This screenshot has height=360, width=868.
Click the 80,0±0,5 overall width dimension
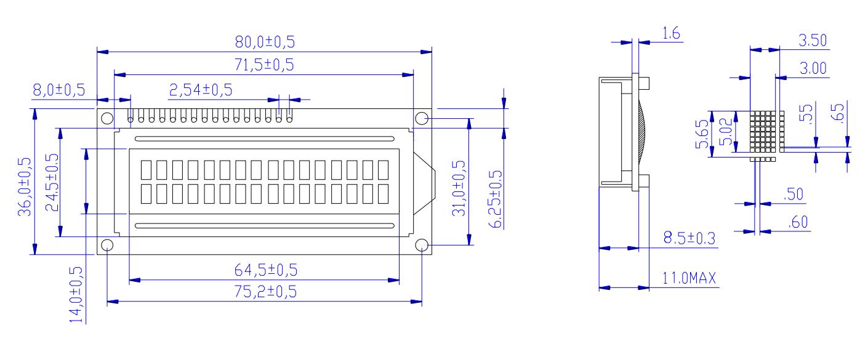pos(264,42)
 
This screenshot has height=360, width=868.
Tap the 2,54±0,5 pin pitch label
pos(200,90)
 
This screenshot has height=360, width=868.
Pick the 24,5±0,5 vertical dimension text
pos(52,183)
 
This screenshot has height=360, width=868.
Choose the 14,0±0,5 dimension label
pos(76,294)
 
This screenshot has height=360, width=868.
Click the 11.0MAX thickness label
pos(688,278)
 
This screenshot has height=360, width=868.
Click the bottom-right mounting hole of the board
pos(422,246)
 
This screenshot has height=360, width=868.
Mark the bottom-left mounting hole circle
pos(106,246)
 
